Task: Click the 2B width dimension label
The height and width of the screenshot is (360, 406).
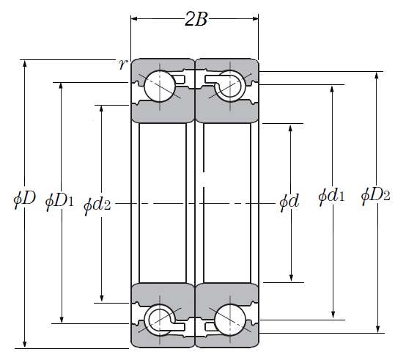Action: (196, 20)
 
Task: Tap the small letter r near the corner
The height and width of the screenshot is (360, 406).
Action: (123, 64)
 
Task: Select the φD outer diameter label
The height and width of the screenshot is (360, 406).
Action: (24, 199)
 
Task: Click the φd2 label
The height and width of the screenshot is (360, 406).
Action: (97, 205)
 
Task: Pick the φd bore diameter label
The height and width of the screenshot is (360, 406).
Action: (289, 202)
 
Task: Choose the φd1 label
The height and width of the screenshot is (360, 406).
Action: (331, 196)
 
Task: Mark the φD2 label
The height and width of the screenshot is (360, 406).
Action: (375, 196)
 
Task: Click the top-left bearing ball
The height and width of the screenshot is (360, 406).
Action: (160, 87)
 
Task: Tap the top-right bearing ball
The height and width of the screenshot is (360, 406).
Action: (230, 87)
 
